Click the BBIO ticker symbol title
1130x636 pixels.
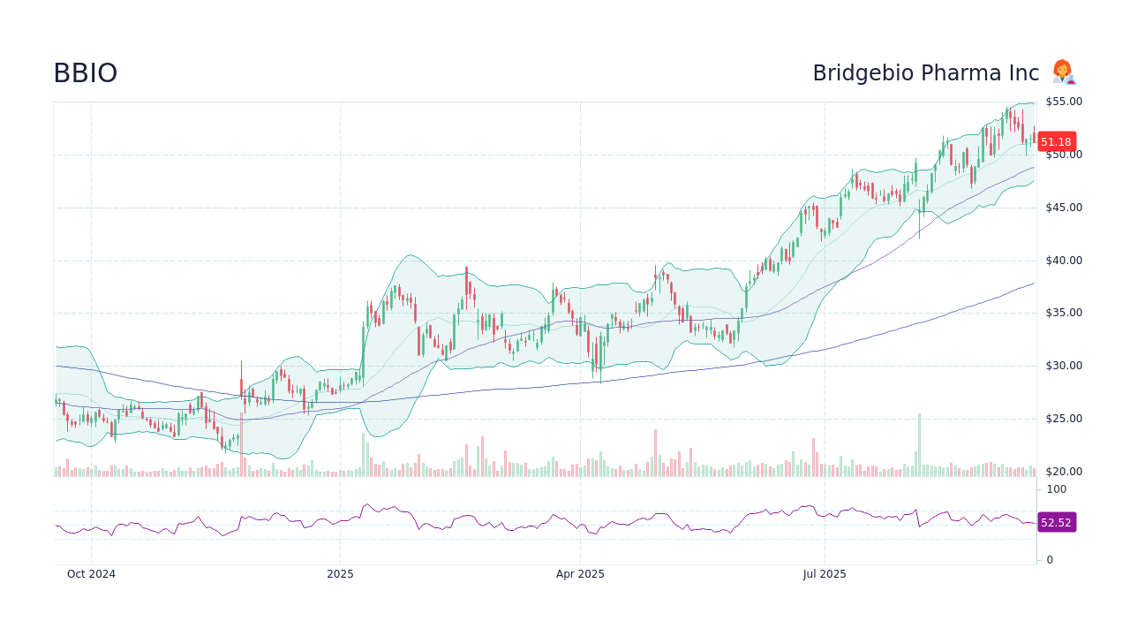85,73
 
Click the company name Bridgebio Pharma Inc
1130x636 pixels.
925,73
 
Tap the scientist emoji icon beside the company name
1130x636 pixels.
1063,72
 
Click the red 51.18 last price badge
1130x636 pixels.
1055,141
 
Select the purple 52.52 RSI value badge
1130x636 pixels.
1055,522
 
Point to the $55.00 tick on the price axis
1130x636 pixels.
1063,102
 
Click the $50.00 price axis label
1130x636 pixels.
1063,155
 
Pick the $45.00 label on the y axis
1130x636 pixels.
1063,208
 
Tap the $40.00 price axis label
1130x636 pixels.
1063,261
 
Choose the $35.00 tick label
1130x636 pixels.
1063,313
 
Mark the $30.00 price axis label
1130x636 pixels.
1063,366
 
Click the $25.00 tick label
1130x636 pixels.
1063,419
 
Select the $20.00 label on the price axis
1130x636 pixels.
1063,472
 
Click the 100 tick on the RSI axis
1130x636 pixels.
1056,489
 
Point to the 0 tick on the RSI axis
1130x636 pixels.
1050,560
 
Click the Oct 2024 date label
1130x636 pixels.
91,574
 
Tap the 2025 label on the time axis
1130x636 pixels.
340,574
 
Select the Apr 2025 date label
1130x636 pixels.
580,574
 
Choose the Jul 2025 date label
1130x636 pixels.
825,574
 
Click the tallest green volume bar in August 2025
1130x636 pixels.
919,445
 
